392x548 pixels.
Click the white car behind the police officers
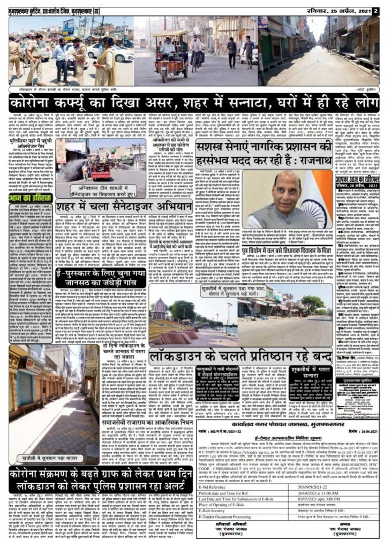tap(107, 51)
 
